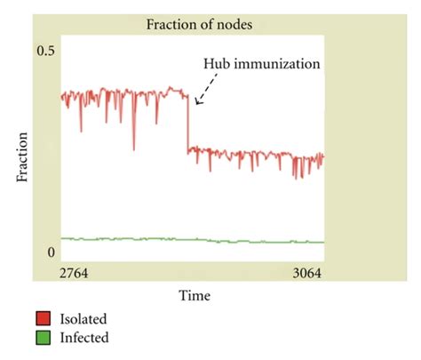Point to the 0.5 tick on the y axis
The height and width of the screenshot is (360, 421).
(x=45, y=52)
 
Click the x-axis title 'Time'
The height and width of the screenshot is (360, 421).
(x=193, y=294)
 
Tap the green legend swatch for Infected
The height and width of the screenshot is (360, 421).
(x=44, y=338)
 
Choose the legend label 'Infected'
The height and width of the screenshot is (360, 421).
(x=83, y=338)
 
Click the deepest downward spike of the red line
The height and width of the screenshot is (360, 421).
(x=133, y=148)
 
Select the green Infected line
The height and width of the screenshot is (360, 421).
(x=178, y=240)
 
